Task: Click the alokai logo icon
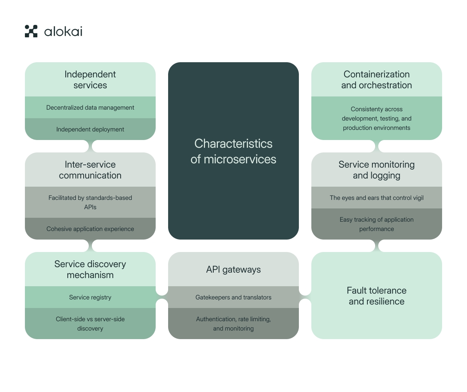31,31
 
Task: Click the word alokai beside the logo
63,31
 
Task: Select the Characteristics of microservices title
233,151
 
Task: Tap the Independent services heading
90,80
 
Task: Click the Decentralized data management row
90,108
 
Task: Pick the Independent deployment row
90,129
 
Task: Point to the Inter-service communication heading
90,170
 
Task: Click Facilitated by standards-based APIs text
90,202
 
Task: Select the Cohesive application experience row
90,229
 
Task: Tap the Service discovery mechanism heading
90,269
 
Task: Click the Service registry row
90,297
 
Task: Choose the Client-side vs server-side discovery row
90,324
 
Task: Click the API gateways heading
233,269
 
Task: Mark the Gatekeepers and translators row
233,297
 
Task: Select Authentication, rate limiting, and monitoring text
233,324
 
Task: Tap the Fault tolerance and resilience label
377,296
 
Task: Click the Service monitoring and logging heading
377,170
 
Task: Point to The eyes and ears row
377,198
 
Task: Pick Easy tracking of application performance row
377,224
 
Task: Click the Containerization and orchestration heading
377,80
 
